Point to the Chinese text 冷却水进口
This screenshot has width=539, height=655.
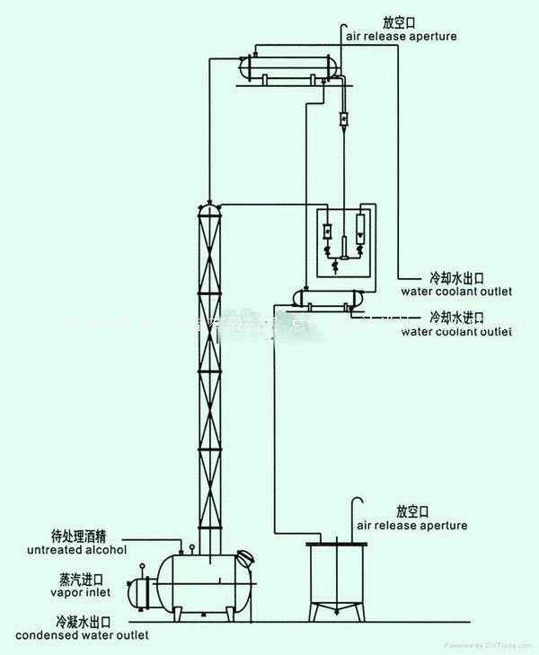point(457,317)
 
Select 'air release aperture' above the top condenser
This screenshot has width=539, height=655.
point(402,37)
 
